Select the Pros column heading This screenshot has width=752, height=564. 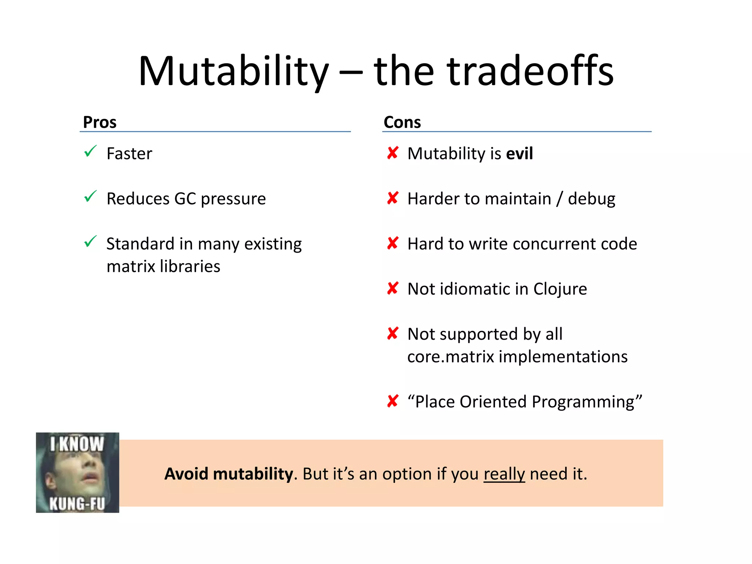pyautogui.click(x=100, y=122)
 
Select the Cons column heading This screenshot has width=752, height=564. pyautogui.click(x=402, y=122)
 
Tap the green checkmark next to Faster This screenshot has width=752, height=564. pyautogui.click(x=90, y=151)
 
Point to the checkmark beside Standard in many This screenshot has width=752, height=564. pyautogui.click(x=90, y=241)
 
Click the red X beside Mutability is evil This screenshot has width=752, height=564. pyautogui.click(x=393, y=153)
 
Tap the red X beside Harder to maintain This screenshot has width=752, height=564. pyautogui.click(x=393, y=198)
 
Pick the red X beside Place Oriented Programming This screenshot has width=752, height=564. pyautogui.click(x=393, y=401)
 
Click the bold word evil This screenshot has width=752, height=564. pyautogui.click(x=519, y=153)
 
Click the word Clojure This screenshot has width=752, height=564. pyautogui.click(x=560, y=289)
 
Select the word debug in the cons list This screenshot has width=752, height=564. pyautogui.click(x=591, y=199)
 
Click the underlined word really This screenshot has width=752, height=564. pyautogui.click(x=504, y=474)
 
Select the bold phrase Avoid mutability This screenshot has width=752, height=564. pyautogui.click(x=229, y=474)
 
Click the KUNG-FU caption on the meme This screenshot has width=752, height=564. pyautogui.click(x=77, y=503)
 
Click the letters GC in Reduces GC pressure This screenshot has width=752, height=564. pyautogui.click(x=185, y=199)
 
